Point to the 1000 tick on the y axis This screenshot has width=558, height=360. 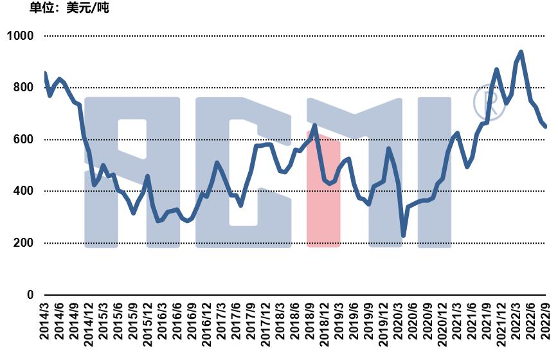click(x=19, y=36)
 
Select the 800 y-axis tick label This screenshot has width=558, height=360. click(x=23, y=88)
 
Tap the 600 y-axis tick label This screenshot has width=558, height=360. click(x=23, y=139)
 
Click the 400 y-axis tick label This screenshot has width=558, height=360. click(x=23, y=192)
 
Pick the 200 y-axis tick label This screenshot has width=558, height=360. click(x=23, y=243)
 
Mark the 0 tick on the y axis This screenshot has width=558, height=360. click(x=30, y=295)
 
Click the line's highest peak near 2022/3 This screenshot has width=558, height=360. click(x=521, y=51)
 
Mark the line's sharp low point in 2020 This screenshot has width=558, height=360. click(x=403, y=236)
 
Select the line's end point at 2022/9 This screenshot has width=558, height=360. click(x=546, y=127)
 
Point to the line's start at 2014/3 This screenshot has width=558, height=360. click(x=44, y=73)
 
